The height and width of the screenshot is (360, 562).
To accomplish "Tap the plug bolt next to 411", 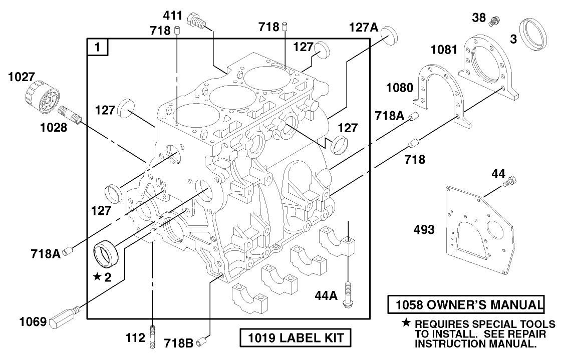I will tap(195, 21).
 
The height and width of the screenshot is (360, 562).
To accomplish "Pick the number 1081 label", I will tap(443, 49).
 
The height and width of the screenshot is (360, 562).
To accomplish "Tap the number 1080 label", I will tap(399, 88).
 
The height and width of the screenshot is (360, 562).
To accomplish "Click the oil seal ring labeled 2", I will tap(106, 254).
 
